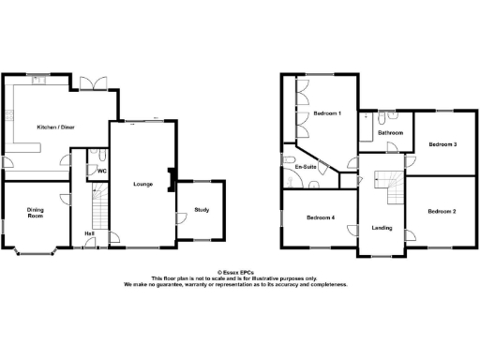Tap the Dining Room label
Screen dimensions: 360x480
tap(35, 213)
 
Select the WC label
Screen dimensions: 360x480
tap(101, 172)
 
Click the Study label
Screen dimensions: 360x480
tap(202, 209)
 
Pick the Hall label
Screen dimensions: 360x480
tap(90, 232)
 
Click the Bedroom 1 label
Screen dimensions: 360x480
tap(326, 114)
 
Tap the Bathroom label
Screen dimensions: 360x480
tap(390, 133)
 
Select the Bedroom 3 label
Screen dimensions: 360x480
tap(442, 144)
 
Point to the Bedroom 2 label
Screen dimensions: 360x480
tap(442, 211)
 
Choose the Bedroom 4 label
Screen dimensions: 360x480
tap(320, 217)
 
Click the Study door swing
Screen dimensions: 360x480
tap(180, 218)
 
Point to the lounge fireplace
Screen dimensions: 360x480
tap(169, 178)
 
